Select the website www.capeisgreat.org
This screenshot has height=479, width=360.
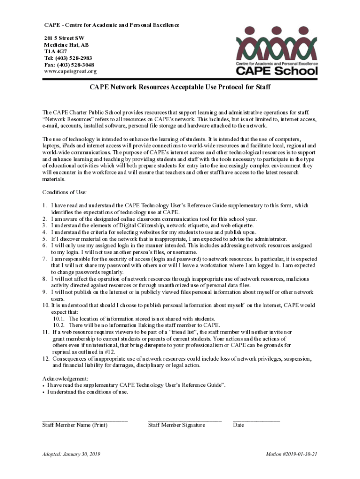tap(70, 72)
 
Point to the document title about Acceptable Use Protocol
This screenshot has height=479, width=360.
tap(180, 87)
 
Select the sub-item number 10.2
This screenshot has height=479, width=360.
tap(58, 325)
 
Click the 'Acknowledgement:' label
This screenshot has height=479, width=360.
tap(65, 378)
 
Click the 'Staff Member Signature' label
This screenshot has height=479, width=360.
tap(176, 425)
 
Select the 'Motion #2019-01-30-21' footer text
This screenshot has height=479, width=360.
tap(292, 455)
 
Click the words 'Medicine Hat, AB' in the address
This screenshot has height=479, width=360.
tap(66, 45)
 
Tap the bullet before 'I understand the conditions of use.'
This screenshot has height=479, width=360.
tap(43, 392)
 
